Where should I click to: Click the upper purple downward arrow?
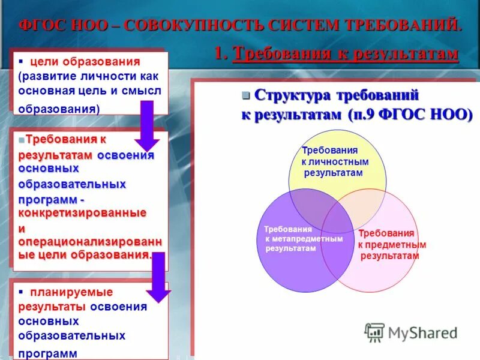[146, 125]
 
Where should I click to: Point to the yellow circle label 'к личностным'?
[335, 161]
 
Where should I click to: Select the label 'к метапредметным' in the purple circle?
[304, 239]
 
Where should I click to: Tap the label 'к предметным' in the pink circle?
[392, 245]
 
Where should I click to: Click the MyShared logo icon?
[375, 332]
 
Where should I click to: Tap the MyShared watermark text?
[423, 332]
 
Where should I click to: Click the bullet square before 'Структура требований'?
[245, 95]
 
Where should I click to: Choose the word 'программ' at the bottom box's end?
[48, 353]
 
